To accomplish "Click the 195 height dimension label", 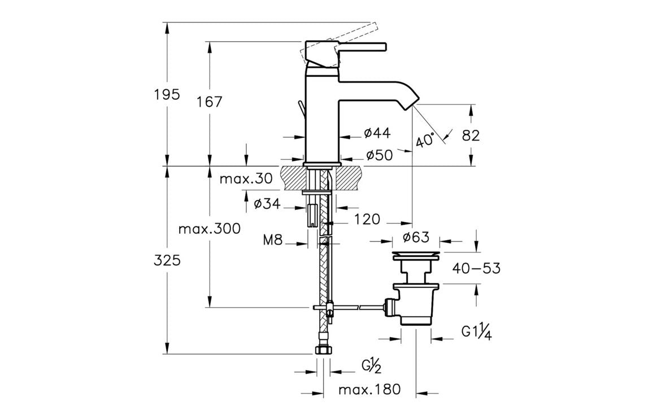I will (x=167, y=94).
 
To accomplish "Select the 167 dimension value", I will (x=210, y=102).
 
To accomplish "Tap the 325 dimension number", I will (x=167, y=260).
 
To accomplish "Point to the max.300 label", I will (x=210, y=229).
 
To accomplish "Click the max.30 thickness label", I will (x=246, y=180).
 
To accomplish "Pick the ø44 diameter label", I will (x=377, y=133).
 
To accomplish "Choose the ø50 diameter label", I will (x=379, y=155).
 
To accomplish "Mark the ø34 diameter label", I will (x=267, y=204).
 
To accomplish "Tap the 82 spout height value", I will (x=471, y=136).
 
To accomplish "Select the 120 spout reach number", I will (x=368, y=219).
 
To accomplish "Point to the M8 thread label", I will (x=273, y=241).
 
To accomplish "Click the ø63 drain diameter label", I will (x=416, y=237).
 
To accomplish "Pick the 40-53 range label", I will (x=476, y=269).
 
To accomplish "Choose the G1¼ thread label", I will (x=476, y=332).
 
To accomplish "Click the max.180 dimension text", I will (x=369, y=389).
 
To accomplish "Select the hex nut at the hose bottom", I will (x=323, y=350).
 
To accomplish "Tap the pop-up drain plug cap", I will (x=416, y=254).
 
